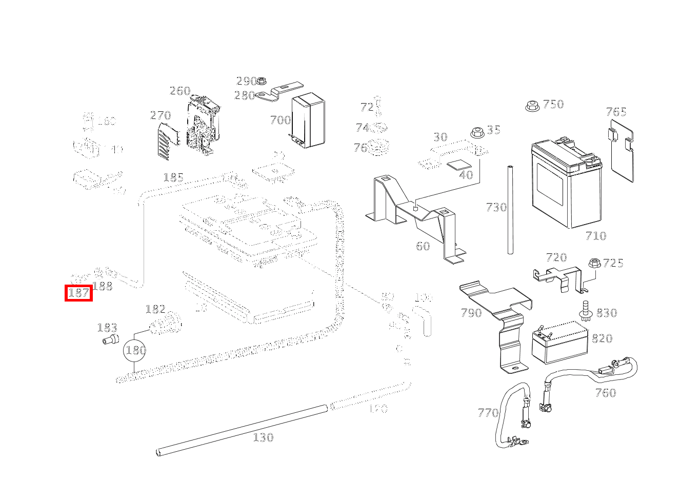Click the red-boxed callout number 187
tap(78, 293)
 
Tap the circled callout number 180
tap(135, 351)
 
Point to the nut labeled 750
tap(531, 106)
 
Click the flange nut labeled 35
tap(476, 131)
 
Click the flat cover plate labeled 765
tap(621, 149)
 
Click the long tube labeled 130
tap(241, 429)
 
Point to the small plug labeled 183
tap(109, 339)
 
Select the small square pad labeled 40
tap(459, 165)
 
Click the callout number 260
tap(180, 91)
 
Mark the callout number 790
tap(471, 313)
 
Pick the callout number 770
tap(488, 413)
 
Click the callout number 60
tap(423, 246)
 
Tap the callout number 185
tap(173, 177)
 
